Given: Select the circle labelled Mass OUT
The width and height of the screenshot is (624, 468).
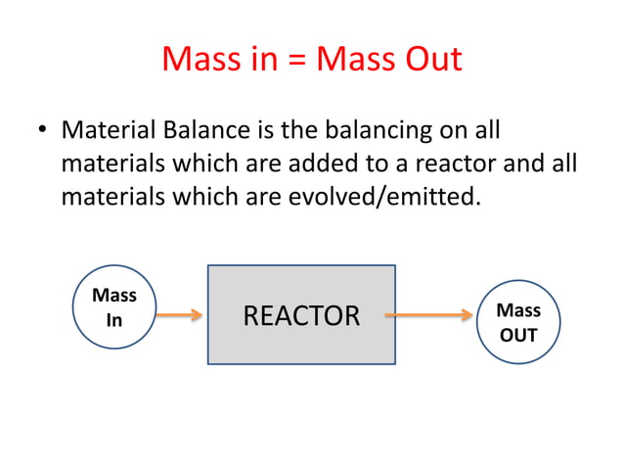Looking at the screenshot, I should (x=518, y=322).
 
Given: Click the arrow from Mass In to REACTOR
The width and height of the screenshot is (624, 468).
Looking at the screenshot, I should (x=180, y=315).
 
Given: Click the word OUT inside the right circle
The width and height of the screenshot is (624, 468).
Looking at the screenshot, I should (x=518, y=335).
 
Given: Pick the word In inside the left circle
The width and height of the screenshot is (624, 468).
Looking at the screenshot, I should (x=114, y=319).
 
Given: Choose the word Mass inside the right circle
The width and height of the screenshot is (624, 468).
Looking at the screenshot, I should (x=518, y=310).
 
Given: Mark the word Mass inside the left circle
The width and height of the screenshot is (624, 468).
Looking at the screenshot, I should (x=114, y=295).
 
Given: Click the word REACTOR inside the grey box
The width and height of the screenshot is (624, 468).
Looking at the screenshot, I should (x=301, y=315).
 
